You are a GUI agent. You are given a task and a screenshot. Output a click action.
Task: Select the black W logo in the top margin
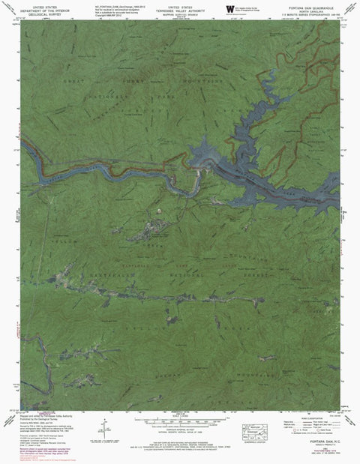[x=229, y=8]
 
